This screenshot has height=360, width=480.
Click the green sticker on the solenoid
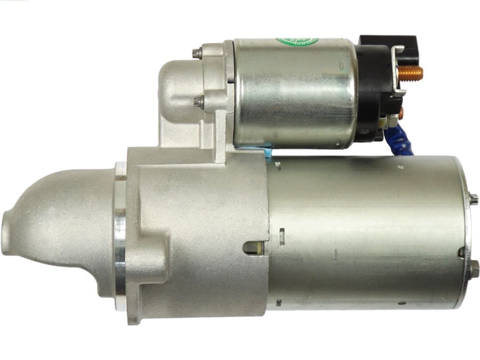point(297,41)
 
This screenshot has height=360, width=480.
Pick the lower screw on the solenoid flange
point(199,102)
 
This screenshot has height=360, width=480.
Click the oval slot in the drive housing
point(254,248)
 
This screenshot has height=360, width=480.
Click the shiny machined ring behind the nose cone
point(120,236)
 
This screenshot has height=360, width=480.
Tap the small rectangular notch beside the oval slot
point(281,232)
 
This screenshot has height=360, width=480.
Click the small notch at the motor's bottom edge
point(279,303)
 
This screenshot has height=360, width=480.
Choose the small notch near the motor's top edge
point(278,166)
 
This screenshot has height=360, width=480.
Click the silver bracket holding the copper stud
point(398,71)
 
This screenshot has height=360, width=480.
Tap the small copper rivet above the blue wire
point(400,114)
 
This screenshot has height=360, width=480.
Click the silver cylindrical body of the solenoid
point(293,93)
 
